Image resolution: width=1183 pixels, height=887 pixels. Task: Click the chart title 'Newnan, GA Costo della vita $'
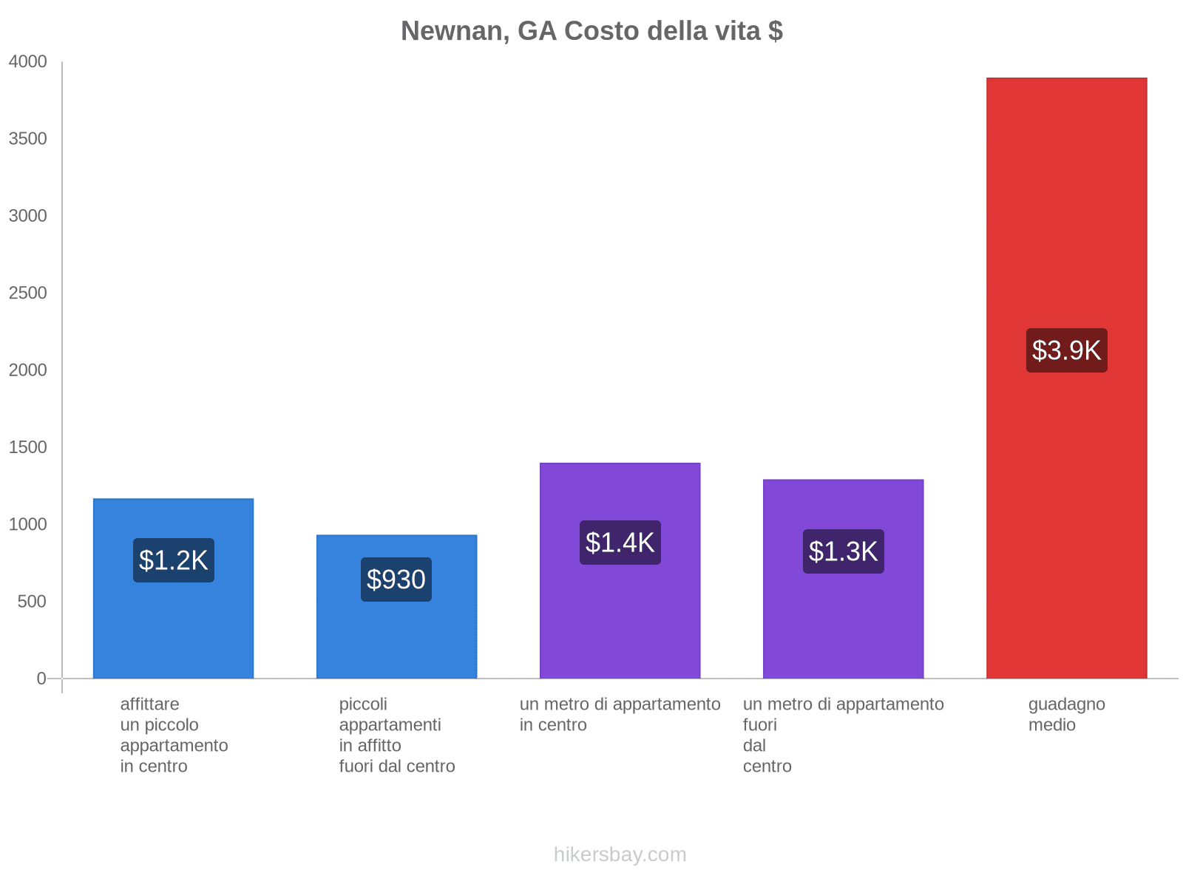[x=591, y=31]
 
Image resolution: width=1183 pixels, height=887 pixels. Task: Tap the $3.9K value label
[x=1066, y=350]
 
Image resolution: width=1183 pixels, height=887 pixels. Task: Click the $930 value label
[x=396, y=580]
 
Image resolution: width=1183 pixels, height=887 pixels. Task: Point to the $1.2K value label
[x=174, y=560]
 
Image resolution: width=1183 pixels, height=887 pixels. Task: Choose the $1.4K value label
[x=620, y=543]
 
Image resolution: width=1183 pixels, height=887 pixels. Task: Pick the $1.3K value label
[x=843, y=551]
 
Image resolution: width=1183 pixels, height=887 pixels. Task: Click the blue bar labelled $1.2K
[x=174, y=628]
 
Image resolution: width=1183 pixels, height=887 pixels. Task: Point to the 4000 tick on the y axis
[x=28, y=62]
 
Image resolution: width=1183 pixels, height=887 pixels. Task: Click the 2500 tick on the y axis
[x=28, y=293]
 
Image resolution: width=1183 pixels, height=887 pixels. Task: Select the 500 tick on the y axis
[x=33, y=602]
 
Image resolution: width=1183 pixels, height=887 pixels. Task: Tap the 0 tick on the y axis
[x=41, y=679]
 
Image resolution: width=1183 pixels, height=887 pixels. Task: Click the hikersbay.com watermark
[x=620, y=854]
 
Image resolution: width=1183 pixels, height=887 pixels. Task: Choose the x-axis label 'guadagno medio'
[x=1066, y=715]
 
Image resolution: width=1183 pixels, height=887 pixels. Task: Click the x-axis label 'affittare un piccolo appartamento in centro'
[x=174, y=735]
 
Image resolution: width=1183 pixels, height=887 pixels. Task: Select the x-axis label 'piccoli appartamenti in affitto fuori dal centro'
[x=396, y=735]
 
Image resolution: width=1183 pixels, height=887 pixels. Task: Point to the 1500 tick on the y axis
[x=28, y=447]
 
